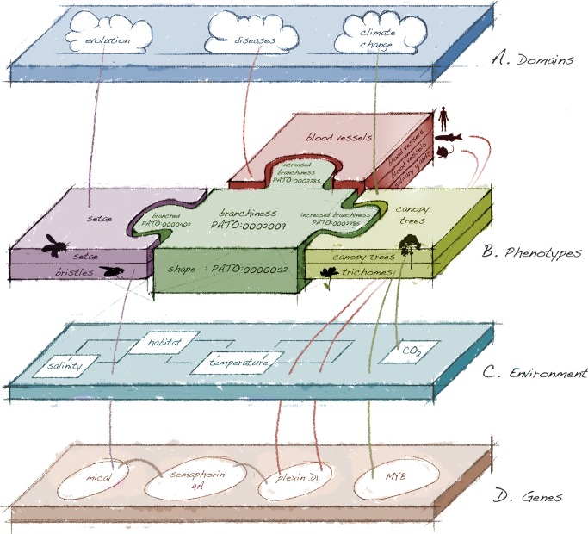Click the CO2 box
coord(399,351)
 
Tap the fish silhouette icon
coord(449,138)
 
